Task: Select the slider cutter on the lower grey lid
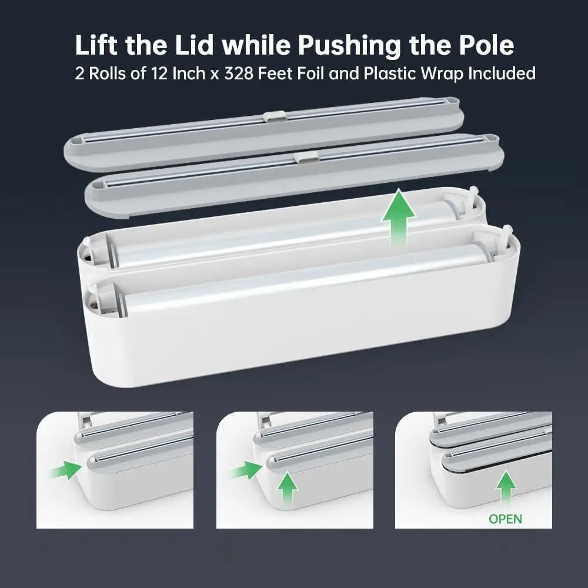[x=306, y=157]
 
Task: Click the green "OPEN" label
[x=505, y=519]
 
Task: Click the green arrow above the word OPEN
[x=505, y=490]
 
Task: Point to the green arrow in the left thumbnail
[x=66, y=469]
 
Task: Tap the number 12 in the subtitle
[x=179, y=73]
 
